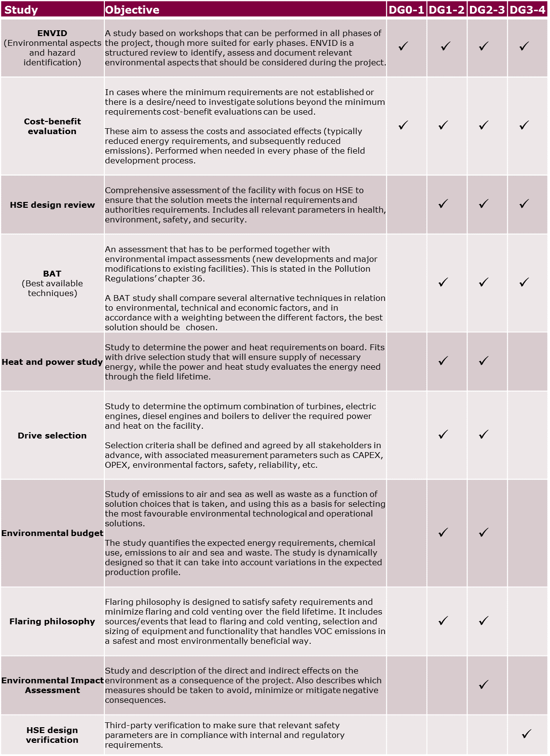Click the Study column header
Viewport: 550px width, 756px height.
click(21, 10)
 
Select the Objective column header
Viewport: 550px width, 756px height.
click(132, 10)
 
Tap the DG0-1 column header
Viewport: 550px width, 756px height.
click(406, 10)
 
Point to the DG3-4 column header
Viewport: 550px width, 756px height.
click(528, 10)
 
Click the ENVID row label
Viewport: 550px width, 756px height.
click(52, 33)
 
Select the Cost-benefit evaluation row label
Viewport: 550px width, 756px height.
click(52, 126)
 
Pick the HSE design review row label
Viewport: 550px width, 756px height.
click(52, 205)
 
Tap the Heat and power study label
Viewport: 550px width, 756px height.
click(52, 362)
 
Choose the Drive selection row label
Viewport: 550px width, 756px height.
click(52, 436)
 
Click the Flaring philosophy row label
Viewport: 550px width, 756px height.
click(52, 621)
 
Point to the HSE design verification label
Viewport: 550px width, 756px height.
click(52, 735)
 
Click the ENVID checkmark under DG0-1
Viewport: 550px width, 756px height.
click(403, 46)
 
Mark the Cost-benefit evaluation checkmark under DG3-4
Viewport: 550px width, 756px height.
click(524, 125)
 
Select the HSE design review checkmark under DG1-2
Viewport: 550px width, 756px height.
click(443, 204)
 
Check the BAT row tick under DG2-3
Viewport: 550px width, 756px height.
click(484, 282)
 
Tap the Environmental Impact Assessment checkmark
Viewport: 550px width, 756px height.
click(484, 685)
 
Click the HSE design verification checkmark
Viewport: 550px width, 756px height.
click(526, 734)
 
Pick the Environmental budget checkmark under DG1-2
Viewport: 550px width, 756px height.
click(443, 533)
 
